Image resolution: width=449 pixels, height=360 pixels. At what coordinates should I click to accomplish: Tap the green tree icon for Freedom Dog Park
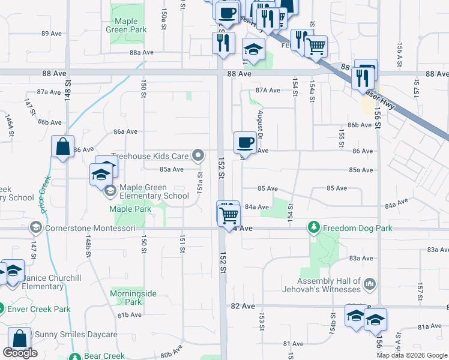tap(313, 227)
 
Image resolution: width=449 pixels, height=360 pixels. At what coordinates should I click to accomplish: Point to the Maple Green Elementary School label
tap(154, 191)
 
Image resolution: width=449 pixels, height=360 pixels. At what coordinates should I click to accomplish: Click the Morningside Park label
tap(133, 298)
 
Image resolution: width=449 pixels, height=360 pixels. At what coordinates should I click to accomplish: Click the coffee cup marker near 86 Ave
tap(245, 143)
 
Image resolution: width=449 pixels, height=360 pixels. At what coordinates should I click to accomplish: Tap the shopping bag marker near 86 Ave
tap(63, 146)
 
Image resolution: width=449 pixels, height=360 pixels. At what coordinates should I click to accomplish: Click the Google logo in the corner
tap(20, 353)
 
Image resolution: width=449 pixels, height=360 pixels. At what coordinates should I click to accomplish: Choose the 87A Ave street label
tap(268, 91)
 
